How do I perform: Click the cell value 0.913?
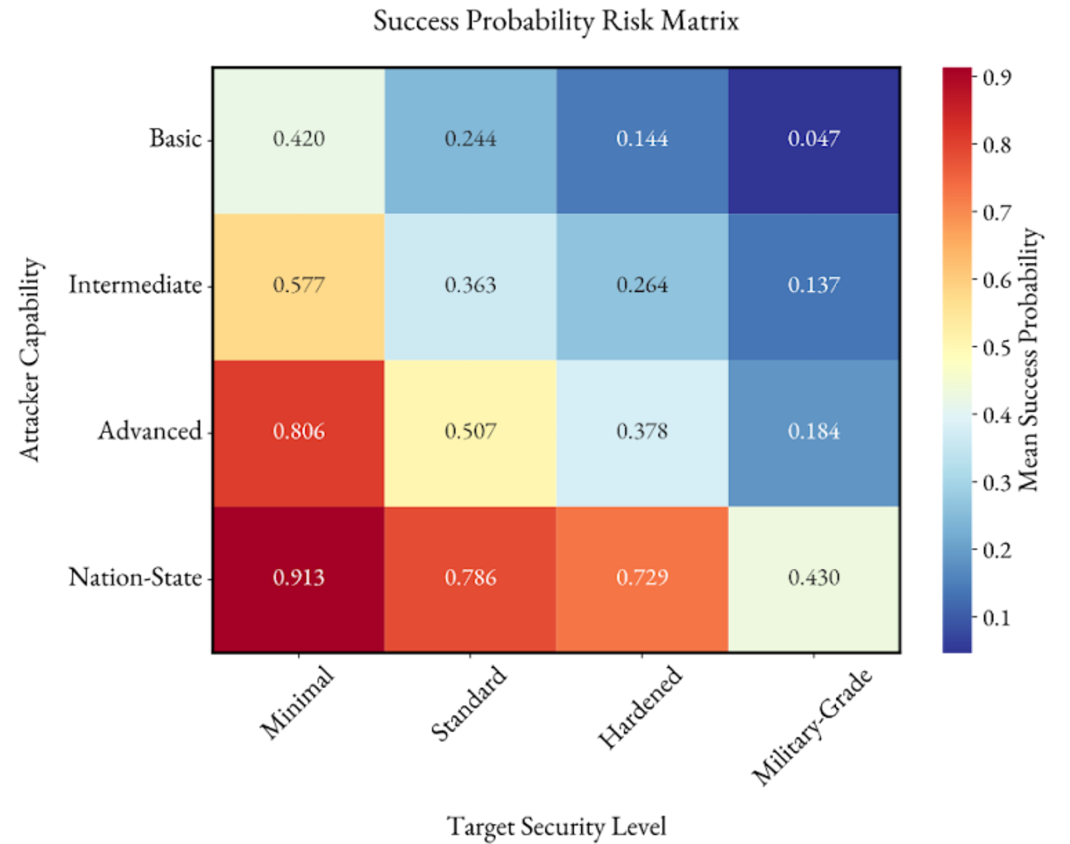click(298, 577)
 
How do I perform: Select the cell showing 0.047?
click(813, 139)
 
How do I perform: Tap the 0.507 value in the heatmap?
click(470, 431)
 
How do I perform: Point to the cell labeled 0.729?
click(642, 577)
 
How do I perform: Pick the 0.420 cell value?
click(298, 139)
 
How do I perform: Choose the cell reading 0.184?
click(813, 431)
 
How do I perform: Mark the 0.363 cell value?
click(470, 285)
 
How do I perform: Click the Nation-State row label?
click(135, 577)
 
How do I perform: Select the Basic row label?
click(175, 139)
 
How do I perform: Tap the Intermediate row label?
click(135, 285)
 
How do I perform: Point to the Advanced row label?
click(150, 431)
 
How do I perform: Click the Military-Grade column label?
click(812, 726)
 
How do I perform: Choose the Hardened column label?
click(640, 707)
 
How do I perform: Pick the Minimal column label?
click(296, 703)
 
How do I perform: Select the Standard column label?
click(468, 703)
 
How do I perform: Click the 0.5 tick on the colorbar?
click(996, 348)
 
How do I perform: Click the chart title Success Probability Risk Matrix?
click(556, 21)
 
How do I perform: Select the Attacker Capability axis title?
click(30, 359)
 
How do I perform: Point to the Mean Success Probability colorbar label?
click(1029, 359)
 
